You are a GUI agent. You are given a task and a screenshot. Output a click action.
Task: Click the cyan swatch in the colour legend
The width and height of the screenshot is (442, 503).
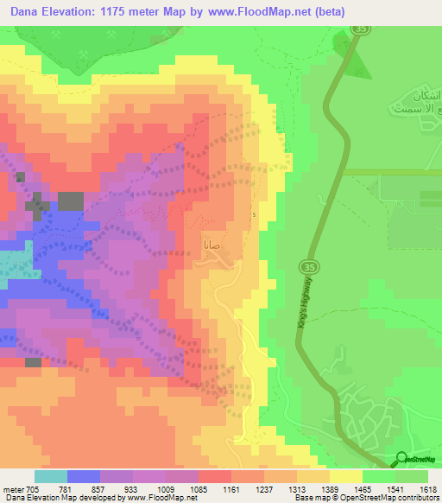pos(51,476)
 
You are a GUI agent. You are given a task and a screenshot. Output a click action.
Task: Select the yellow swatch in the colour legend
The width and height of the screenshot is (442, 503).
pos(346,476)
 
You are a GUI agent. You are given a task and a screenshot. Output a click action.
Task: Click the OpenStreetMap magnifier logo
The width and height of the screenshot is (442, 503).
pos(402,460)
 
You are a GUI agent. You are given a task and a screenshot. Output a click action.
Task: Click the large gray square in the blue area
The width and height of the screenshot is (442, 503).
pos(71,201)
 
